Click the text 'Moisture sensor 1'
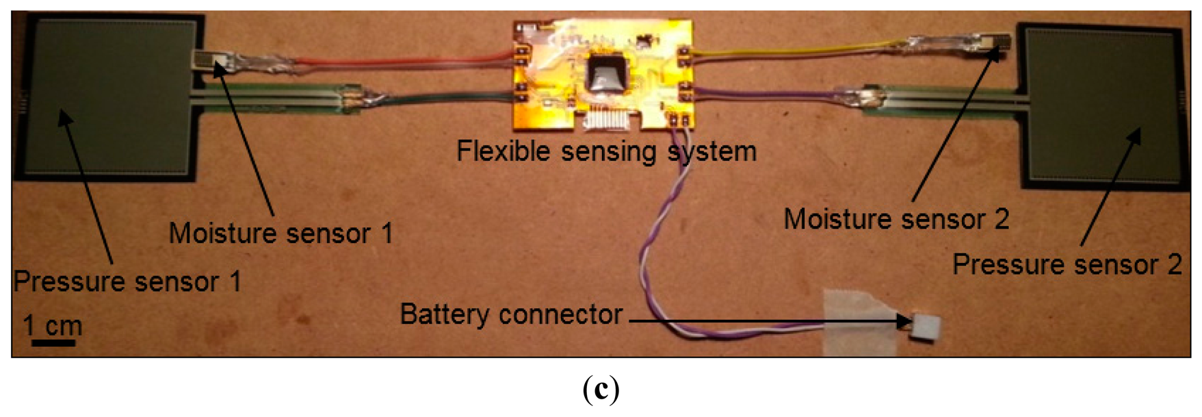tap(280, 234)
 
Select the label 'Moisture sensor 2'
tap(896, 220)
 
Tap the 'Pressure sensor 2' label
tap(1067, 265)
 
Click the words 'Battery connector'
tap(511, 315)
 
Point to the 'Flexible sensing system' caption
tap(606, 151)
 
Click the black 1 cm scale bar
tap(53, 342)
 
